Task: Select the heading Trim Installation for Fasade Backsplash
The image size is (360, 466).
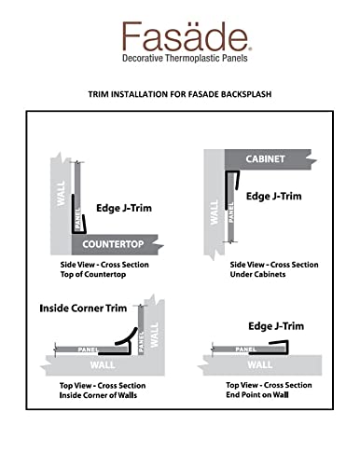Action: point(179,94)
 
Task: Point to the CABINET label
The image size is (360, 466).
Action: point(265,158)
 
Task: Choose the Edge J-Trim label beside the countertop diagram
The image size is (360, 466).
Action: point(118,208)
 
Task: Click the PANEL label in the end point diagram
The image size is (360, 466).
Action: point(245,349)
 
